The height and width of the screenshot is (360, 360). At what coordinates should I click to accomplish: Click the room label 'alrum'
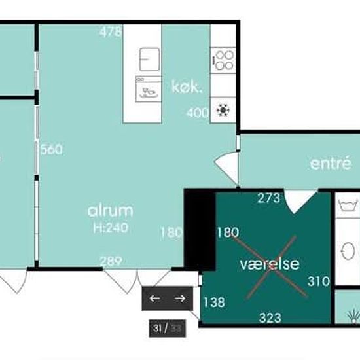pyautogui.click(x=111, y=211)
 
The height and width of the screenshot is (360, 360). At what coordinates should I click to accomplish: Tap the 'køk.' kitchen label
pyautogui.click(x=187, y=86)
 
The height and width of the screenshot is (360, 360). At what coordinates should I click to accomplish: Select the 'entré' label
pyautogui.click(x=331, y=163)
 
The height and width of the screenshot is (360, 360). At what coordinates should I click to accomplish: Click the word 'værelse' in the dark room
pyautogui.click(x=270, y=264)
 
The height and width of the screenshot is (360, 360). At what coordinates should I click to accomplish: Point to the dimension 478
pyautogui.click(x=111, y=31)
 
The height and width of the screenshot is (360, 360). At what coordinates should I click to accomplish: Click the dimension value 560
pyautogui.click(x=51, y=149)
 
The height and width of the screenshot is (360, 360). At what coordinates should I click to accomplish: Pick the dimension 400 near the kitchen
pyautogui.click(x=198, y=113)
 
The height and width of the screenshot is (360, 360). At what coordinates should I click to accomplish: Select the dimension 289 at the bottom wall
pyautogui.click(x=111, y=261)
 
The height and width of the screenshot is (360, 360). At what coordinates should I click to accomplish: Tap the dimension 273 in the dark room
pyautogui.click(x=269, y=198)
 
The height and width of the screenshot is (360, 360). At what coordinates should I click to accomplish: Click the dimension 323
pyautogui.click(x=270, y=318)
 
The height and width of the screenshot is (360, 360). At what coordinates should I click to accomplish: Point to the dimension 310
pyautogui.click(x=319, y=281)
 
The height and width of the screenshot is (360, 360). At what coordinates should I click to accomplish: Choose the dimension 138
pyautogui.click(x=214, y=302)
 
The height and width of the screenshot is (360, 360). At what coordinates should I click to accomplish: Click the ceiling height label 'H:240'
pyautogui.click(x=111, y=228)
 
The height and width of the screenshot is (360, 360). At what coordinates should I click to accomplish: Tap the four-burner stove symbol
pyautogui.click(x=223, y=60)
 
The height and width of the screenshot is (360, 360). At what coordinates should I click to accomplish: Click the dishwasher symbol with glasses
pyautogui.click(x=149, y=89)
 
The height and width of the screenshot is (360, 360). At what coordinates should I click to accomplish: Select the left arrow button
pyautogui.click(x=154, y=298)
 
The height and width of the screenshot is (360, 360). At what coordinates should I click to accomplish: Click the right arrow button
pyautogui.click(x=180, y=298)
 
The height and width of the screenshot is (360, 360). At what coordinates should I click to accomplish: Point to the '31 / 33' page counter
pyautogui.click(x=167, y=329)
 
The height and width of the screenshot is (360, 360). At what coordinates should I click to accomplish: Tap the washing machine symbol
pyautogui.click(x=348, y=205)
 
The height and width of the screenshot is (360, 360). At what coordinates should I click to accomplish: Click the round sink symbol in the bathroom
pyautogui.click(x=348, y=251)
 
